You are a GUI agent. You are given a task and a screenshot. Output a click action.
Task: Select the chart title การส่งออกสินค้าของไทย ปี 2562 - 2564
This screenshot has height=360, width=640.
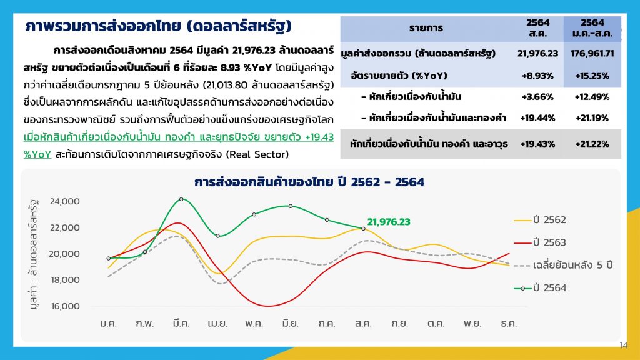(309, 182)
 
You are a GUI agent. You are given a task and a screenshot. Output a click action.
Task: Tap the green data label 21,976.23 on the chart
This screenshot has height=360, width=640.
(389, 222)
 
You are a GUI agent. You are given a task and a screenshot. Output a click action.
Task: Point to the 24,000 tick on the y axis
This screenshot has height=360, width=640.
(64, 201)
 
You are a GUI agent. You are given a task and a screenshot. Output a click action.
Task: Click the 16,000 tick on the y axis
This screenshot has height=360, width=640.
(65, 306)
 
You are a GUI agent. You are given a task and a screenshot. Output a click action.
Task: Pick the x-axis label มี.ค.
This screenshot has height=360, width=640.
(181, 324)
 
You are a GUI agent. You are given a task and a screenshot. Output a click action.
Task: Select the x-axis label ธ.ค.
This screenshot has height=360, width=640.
(509, 324)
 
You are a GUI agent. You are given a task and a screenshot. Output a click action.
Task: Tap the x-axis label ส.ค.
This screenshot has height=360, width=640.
(363, 324)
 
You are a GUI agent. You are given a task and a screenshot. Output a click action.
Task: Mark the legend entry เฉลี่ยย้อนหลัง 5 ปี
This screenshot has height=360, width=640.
(563, 265)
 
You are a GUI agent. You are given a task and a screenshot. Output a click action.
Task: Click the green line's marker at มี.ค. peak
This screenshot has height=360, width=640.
(181, 199)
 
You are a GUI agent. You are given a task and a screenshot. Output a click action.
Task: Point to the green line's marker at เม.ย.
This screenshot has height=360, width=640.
(217, 236)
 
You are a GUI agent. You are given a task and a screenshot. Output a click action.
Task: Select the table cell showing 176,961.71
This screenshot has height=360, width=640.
(592, 54)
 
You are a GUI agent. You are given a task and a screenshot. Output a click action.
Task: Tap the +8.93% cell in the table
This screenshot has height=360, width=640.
(537, 76)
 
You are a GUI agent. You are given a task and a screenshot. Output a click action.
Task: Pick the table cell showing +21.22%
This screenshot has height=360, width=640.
(592, 144)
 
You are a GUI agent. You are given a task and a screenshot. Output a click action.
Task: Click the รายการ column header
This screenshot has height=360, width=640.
(426, 28)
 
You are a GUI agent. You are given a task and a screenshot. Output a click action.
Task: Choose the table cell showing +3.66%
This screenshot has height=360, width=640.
(537, 97)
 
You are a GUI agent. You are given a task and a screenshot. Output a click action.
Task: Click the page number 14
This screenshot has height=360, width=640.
(623, 345)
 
